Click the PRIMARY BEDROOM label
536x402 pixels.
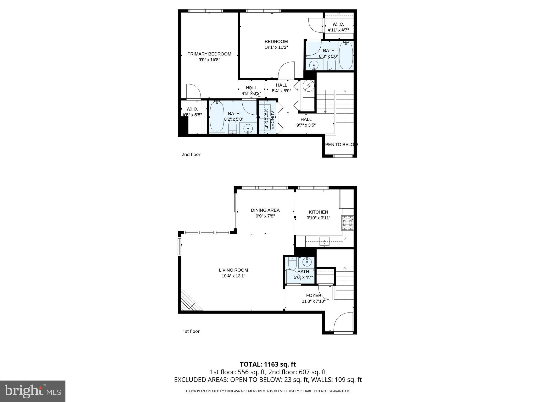coord(209,54)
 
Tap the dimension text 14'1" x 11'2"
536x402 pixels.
coord(276,47)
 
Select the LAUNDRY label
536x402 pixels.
coord(272,119)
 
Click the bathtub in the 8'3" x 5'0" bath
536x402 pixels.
coord(346,55)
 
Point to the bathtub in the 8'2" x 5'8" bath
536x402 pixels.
coord(217,117)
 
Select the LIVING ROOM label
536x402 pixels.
coord(233,270)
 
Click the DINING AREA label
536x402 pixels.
coord(265,210)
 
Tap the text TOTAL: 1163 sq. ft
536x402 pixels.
coord(268,364)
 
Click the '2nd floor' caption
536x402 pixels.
coord(191,154)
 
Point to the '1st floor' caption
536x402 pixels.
coord(191,331)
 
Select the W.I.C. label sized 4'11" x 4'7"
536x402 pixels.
coord(338,24)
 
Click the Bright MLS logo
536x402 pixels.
coord(33,391)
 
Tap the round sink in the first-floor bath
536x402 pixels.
coord(306,261)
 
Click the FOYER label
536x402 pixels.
coord(314,295)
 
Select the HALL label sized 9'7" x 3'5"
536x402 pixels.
coord(306,119)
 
